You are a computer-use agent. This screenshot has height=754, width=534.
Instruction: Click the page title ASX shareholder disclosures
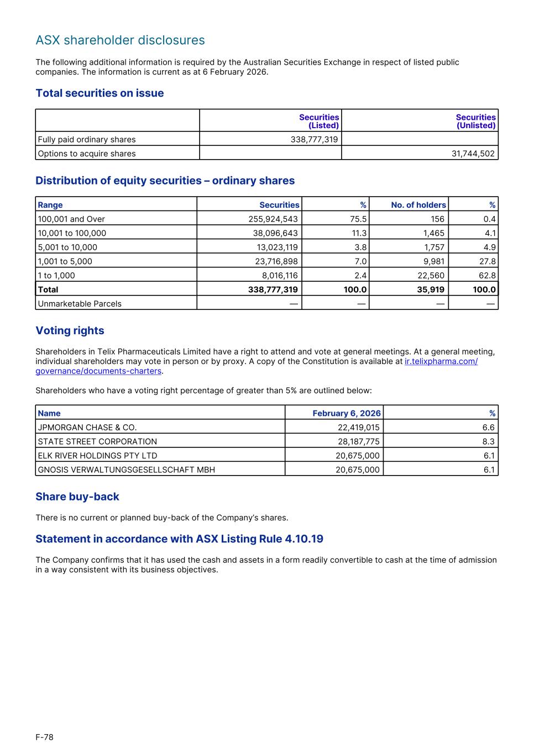point(120,40)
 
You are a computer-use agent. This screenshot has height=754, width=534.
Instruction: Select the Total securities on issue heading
point(100,93)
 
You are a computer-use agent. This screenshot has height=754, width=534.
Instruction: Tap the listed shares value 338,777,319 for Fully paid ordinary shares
point(314,139)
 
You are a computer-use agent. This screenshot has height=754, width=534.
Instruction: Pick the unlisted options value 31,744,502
point(473,154)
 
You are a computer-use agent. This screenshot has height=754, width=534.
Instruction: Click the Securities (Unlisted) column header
point(475,121)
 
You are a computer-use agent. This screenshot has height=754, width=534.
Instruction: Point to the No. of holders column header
point(418,205)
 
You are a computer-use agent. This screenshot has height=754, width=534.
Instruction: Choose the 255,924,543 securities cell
point(273,219)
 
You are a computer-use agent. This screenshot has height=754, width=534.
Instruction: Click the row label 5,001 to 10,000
point(67,247)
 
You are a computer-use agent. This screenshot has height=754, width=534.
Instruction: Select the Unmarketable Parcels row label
point(80,304)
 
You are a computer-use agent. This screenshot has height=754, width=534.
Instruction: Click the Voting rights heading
point(70,331)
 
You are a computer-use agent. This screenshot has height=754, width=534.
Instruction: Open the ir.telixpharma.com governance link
point(441,361)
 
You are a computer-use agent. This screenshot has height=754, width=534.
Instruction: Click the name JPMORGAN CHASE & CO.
point(87,428)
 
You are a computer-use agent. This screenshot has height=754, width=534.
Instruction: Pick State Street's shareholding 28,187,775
point(358,441)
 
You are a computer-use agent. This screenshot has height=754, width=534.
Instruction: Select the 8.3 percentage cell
point(488,441)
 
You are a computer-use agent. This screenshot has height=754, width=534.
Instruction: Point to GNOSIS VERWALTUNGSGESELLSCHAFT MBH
point(126,470)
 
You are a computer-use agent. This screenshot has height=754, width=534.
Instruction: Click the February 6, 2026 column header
point(346,413)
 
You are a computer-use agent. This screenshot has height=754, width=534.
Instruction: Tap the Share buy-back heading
point(77,497)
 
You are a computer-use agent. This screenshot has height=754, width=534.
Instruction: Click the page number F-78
point(45,737)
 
